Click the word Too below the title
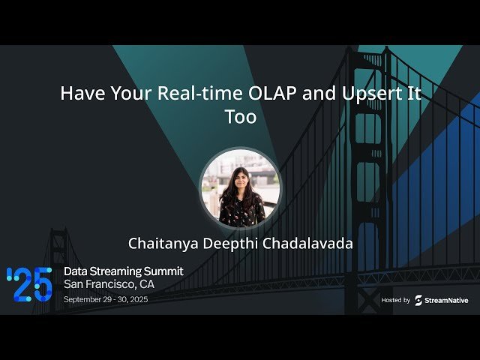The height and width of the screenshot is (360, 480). pos(240,118)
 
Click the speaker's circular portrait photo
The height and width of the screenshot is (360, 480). pos(240,187)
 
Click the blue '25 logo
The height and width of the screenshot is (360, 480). pos(29,284)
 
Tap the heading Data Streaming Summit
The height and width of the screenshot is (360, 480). pos(123,271)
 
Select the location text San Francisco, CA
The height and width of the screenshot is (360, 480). pos(109,284)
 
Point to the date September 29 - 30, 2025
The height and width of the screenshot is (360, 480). pos(116,299)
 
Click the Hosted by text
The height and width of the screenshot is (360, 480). pos(395,300)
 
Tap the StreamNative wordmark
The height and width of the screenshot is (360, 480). pos(448,300)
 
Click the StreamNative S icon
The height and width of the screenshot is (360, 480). pos(418,300)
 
